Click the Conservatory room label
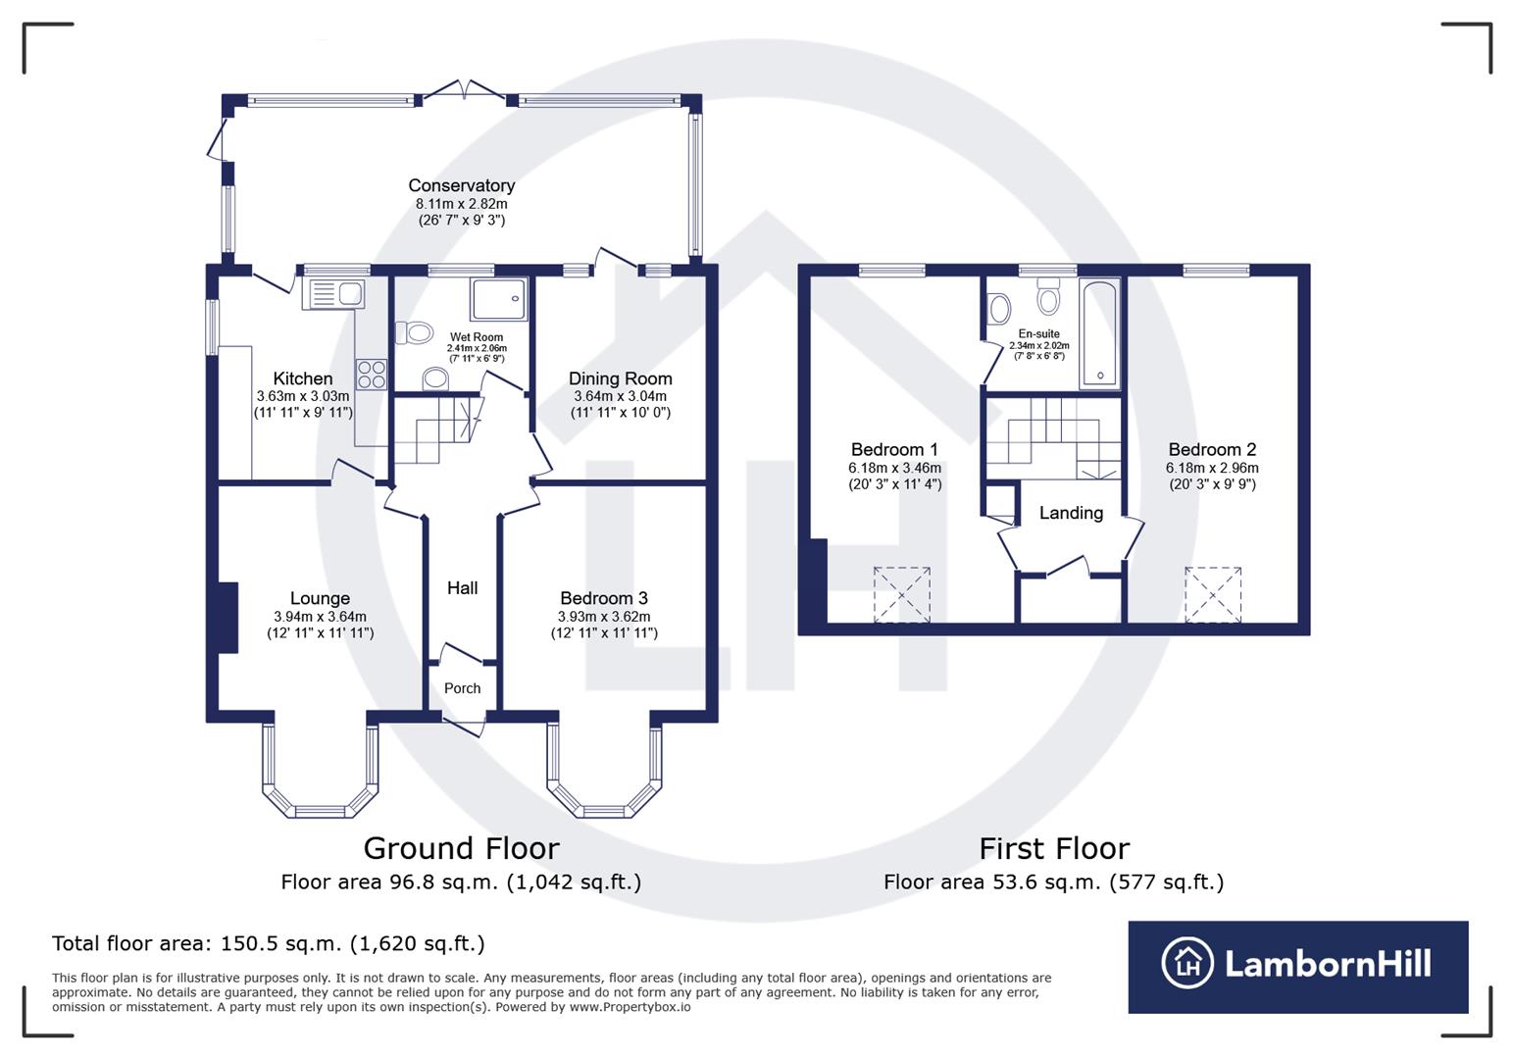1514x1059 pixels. (x=461, y=185)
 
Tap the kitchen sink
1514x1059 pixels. (x=334, y=293)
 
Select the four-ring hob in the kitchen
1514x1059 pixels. (x=372, y=375)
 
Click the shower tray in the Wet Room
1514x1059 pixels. (x=499, y=299)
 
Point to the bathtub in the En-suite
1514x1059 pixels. (x=1099, y=334)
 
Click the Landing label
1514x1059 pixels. (x=1071, y=513)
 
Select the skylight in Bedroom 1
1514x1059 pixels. (x=902, y=594)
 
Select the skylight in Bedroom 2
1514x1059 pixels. (x=1213, y=594)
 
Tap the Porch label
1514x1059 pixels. (x=462, y=688)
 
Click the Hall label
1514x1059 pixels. (x=462, y=587)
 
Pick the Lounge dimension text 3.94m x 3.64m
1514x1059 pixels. (x=320, y=617)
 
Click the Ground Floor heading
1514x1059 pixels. (x=461, y=848)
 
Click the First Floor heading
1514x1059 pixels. (x=1054, y=848)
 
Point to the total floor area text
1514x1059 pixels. (x=268, y=943)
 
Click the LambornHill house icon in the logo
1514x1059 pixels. (x=1187, y=963)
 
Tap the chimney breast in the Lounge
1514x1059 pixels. (x=227, y=617)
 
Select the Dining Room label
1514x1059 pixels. (x=620, y=378)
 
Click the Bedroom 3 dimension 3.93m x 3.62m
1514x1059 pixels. (x=603, y=617)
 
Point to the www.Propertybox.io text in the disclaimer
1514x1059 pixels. (x=630, y=1007)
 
